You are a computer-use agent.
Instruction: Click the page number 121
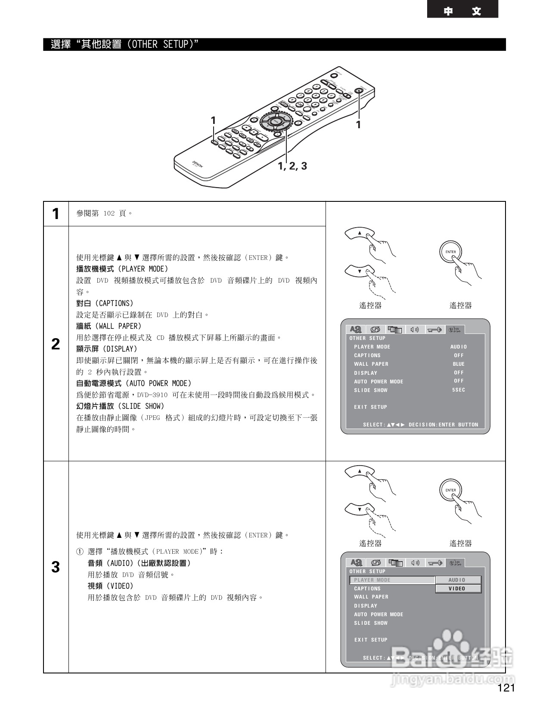coord(506,688)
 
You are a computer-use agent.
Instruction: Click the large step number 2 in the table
coord(56,344)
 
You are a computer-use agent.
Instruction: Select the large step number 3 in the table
coord(56,567)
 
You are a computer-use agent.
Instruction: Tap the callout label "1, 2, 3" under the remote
coord(292,166)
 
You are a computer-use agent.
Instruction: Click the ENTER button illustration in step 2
coord(450,252)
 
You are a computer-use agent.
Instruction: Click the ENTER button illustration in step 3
coord(450,490)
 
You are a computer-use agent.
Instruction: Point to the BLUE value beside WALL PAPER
coord(459,364)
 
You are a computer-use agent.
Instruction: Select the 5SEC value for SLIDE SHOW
coord(459,390)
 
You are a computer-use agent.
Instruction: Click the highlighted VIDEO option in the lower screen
coord(458,589)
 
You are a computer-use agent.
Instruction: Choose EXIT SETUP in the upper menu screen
coord(370,407)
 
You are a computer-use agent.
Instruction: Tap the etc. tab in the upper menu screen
coord(455,330)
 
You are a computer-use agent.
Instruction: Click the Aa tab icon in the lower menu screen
coord(356,562)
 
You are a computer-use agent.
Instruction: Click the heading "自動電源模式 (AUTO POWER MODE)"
coord(133,383)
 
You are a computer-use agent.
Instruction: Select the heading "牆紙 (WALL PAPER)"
coord(109,326)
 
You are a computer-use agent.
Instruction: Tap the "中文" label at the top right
coord(462,11)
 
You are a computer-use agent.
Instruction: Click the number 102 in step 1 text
coord(109,213)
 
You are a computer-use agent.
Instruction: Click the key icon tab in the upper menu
coord(435,330)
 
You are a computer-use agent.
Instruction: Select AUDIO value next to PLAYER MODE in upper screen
coord(459,347)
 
